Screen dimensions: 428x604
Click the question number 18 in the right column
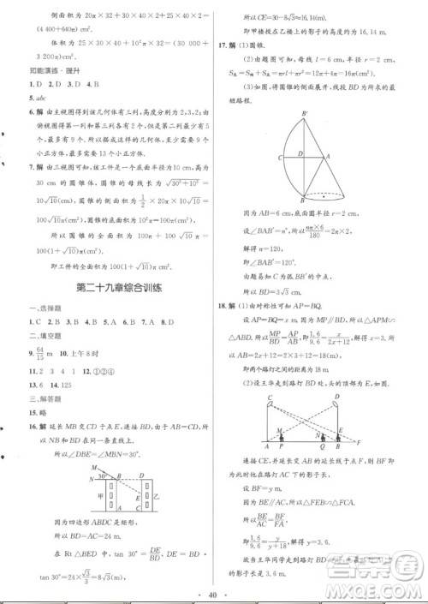click(223, 306)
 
